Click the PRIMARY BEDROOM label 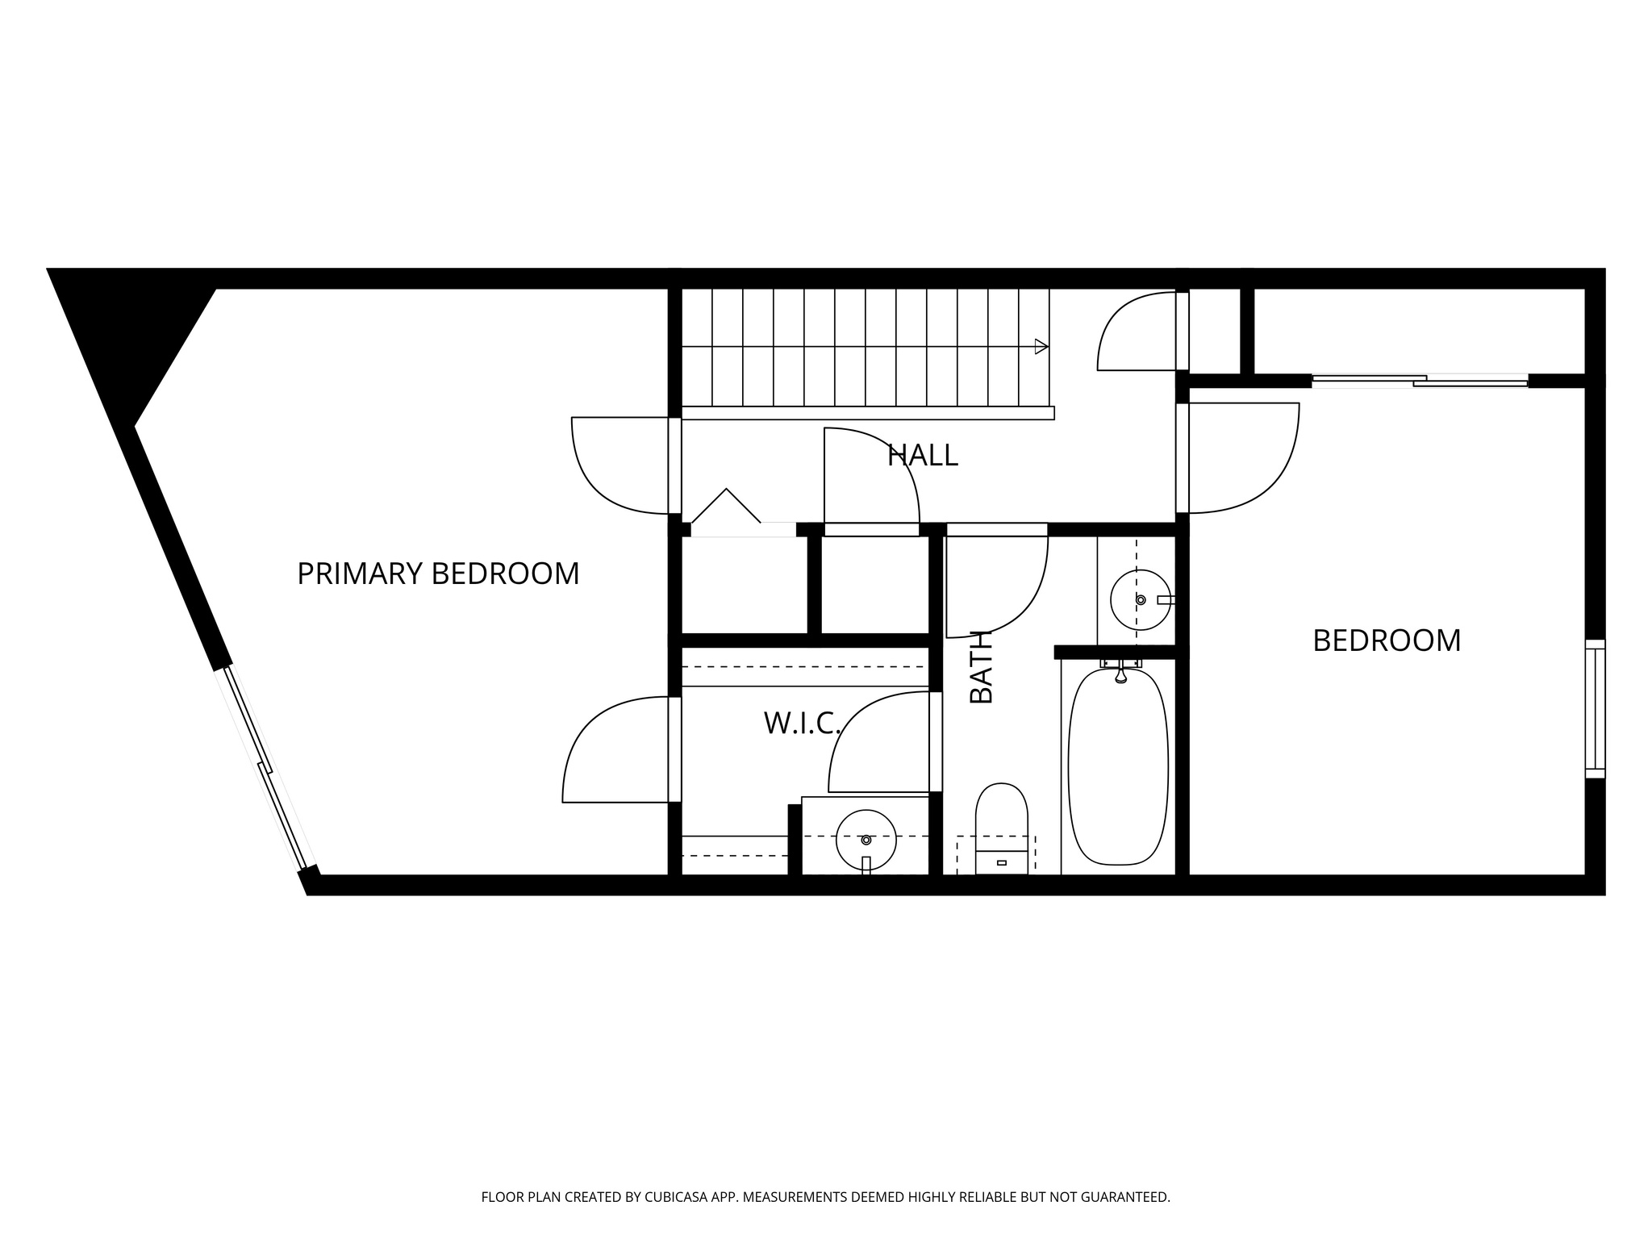tap(438, 574)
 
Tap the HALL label tap(922, 456)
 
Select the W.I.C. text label tap(802, 724)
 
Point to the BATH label tap(981, 667)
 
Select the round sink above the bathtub tap(1140, 599)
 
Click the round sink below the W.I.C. tap(866, 840)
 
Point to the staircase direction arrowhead tap(1041, 347)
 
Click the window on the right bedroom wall tap(1595, 709)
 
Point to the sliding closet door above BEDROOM tap(1420, 381)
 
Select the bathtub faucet tap(1120, 672)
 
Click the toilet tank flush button tap(1002, 862)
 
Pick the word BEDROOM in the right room tap(1387, 640)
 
